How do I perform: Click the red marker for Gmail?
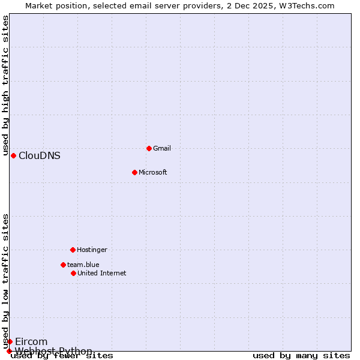(x=149, y=148)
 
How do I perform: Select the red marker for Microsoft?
(x=134, y=172)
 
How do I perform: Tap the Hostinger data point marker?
(x=73, y=250)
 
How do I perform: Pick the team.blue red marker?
(x=63, y=265)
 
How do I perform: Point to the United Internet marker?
(x=73, y=273)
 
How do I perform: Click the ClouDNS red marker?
(x=13, y=155)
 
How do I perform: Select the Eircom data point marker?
(x=10, y=341)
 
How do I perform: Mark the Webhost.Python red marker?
(x=9, y=351)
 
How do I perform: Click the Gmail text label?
(x=162, y=148)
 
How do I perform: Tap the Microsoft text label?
(x=153, y=172)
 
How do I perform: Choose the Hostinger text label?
(x=92, y=250)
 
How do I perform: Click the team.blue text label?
(x=83, y=265)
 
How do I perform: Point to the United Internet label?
(x=102, y=273)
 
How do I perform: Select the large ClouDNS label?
(x=40, y=155)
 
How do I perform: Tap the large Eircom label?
(x=31, y=341)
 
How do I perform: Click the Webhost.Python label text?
(x=54, y=351)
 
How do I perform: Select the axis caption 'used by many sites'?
(x=301, y=355)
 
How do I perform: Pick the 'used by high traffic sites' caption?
(x=5, y=86)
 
